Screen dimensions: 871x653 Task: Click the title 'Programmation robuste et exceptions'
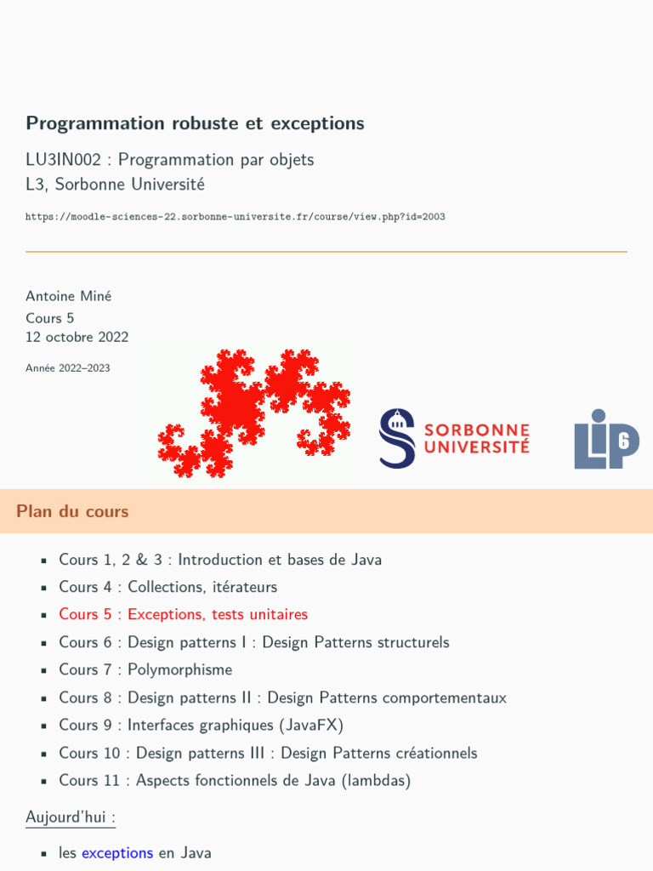195,123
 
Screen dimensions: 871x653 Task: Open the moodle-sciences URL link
235,217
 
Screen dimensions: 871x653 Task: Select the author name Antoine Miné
68,296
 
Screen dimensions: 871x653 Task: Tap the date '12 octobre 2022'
77,337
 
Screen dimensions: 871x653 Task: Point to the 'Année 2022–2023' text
67,368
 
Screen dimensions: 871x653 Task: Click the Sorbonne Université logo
455,438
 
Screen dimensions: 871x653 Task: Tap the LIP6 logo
606,439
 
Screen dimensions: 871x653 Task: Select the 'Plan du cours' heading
72,511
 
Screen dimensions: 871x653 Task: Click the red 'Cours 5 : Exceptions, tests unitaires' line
183,614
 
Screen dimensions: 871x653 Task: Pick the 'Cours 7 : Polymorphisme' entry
145,669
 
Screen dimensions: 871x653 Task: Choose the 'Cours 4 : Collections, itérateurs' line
168,587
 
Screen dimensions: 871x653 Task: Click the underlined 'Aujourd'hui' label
70,817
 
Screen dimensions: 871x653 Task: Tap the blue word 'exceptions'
117,852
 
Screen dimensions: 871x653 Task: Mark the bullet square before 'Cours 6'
43,643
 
